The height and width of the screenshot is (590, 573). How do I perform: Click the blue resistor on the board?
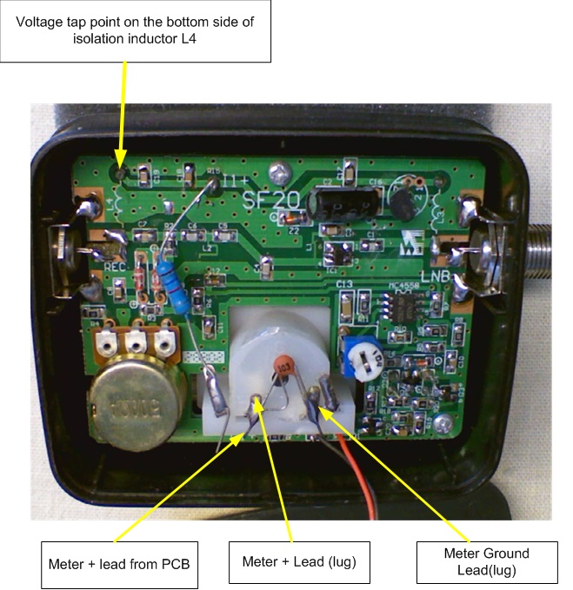click(177, 287)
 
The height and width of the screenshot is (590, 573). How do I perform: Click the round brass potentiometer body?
click(136, 402)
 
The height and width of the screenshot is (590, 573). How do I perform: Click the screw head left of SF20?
click(277, 171)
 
